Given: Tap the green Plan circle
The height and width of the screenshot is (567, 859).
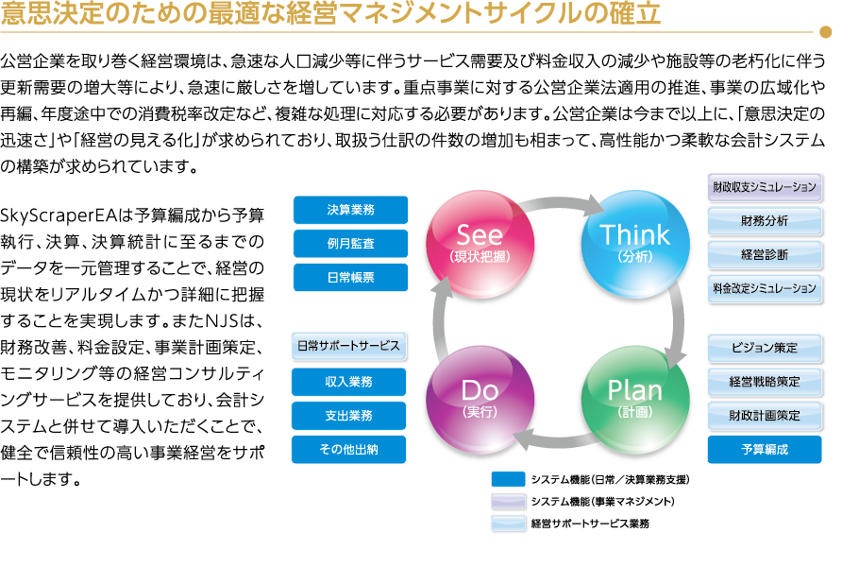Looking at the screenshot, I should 634,397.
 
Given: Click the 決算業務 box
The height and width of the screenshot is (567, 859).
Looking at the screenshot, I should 350,210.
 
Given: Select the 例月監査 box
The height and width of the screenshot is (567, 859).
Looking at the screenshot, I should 350,243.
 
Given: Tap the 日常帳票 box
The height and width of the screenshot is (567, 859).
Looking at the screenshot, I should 350,276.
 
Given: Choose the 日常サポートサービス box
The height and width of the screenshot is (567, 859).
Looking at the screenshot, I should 350,347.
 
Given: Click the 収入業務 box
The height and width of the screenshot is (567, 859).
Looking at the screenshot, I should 350,382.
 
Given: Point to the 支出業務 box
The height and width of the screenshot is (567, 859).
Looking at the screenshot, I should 350,415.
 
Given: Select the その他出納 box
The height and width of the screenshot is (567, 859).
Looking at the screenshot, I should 350,449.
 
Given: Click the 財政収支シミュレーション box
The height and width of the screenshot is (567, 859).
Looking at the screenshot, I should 765,187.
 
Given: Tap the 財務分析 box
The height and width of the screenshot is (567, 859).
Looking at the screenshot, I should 765,221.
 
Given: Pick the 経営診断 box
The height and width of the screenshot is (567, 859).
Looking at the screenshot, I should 765,254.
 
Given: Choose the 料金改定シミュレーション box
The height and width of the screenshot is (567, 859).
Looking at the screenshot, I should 765,288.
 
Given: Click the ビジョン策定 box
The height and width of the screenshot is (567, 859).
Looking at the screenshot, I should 765,348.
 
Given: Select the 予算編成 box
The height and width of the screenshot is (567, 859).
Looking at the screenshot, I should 765,449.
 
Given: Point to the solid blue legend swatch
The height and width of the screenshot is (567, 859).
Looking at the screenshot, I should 508,477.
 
